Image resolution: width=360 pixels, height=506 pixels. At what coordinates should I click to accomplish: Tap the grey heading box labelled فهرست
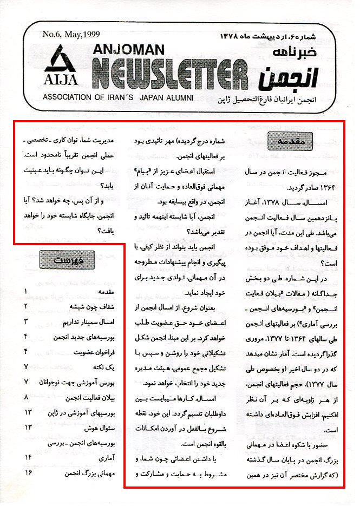pos(67,260)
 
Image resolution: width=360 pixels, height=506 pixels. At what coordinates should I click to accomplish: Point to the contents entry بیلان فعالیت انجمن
pos(90,397)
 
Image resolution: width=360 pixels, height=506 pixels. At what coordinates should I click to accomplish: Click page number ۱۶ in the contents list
pos(27,472)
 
